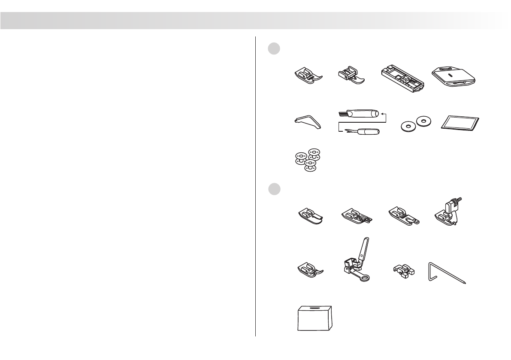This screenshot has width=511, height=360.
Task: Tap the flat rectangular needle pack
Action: coord(460,123)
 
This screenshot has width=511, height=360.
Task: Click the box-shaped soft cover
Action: coord(314,319)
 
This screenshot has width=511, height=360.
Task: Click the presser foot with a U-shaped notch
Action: coord(403,217)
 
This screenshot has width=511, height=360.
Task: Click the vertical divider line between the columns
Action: coord(255,185)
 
